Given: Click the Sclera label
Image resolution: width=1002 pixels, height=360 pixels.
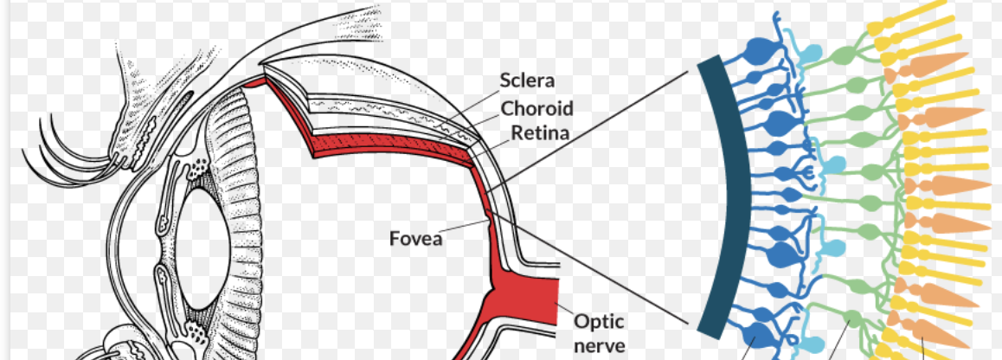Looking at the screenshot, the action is click(x=527, y=81).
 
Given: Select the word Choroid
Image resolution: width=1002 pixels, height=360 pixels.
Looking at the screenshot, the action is click(x=536, y=108).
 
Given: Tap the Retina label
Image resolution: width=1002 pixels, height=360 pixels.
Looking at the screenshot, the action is click(x=539, y=133).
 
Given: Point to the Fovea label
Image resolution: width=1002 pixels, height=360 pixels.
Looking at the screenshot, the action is click(x=414, y=235).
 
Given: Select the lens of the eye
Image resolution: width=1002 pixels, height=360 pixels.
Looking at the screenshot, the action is click(x=208, y=241).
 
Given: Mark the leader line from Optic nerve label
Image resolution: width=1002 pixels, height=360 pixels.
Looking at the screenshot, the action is click(x=567, y=309).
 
